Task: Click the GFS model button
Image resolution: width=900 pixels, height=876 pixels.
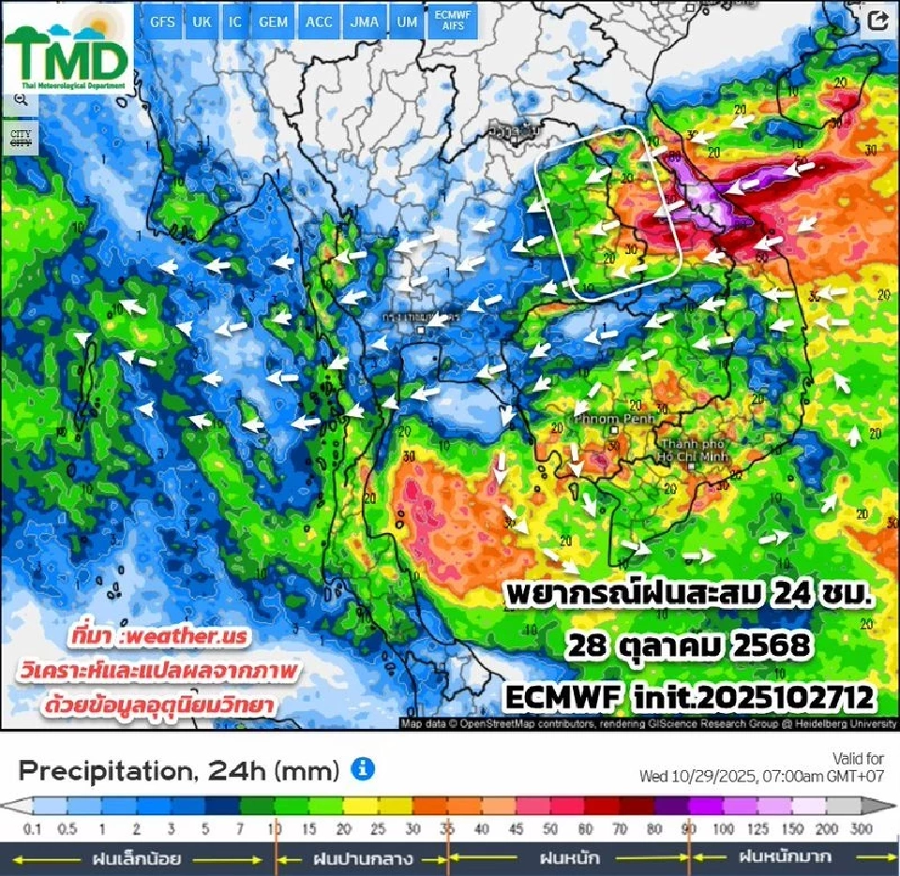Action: tap(162, 22)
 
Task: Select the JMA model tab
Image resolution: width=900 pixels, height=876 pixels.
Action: tap(364, 22)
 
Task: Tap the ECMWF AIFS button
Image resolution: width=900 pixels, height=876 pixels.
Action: tap(454, 22)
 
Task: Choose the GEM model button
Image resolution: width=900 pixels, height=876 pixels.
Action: tap(273, 22)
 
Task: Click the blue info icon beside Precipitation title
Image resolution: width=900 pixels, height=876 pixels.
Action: tap(363, 769)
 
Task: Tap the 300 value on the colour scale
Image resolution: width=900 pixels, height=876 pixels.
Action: tap(860, 829)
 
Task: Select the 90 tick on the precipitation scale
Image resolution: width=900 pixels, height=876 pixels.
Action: tap(689, 829)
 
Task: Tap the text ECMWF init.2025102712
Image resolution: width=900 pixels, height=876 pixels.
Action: tap(689, 697)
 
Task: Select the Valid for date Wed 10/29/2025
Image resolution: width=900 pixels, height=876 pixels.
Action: tap(761, 777)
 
